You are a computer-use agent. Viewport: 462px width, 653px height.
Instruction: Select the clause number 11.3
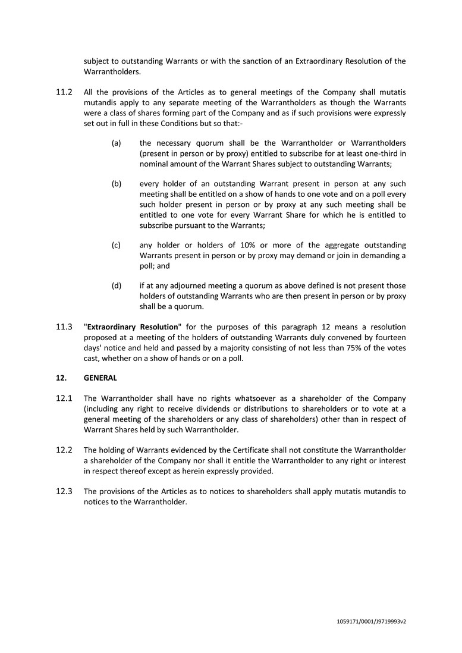coord(64,327)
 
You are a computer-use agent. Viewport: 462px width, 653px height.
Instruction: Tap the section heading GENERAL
coord(100,378)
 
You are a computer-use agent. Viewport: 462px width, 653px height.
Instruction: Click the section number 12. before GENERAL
coord(61,378)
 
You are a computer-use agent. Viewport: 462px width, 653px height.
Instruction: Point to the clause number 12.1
coord(64,398)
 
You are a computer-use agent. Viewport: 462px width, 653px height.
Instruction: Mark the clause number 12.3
coord(64,491)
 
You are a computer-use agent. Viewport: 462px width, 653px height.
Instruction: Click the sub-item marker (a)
coord(117,143)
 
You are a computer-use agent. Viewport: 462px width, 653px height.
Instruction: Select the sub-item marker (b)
coord(117,184)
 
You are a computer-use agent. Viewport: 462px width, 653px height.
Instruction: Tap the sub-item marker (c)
coord(117,245)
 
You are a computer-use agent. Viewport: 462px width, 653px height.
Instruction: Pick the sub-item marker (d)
coord(117,285)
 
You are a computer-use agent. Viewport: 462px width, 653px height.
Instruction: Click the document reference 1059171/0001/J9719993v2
coord(371,621)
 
